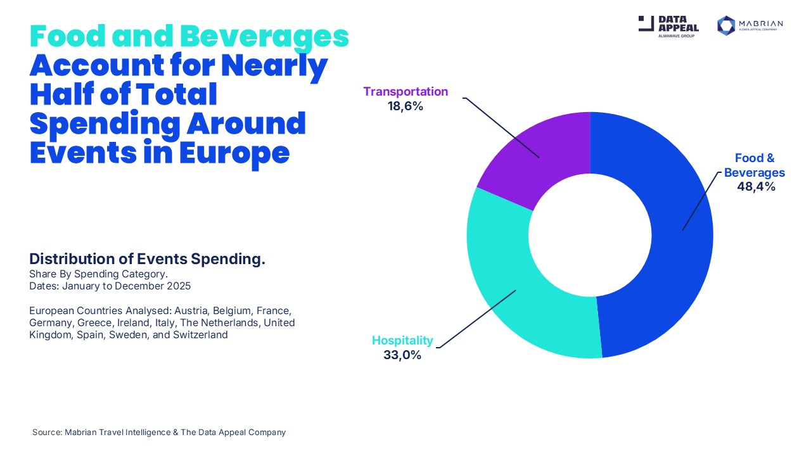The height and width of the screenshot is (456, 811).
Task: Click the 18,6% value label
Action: [405, 106]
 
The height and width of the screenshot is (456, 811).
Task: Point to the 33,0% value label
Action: [402, 355]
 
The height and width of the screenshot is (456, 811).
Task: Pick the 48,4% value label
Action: [756, 187]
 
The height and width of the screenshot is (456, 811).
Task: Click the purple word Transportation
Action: [405, 92]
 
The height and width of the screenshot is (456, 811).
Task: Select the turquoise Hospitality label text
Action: [402, 341]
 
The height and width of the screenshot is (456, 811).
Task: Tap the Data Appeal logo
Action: [668, 25]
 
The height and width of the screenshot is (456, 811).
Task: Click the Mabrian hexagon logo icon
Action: [725, 25]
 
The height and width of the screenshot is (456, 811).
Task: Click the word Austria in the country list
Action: [193, 311]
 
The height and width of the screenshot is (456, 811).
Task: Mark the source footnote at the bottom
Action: [159, 432]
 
